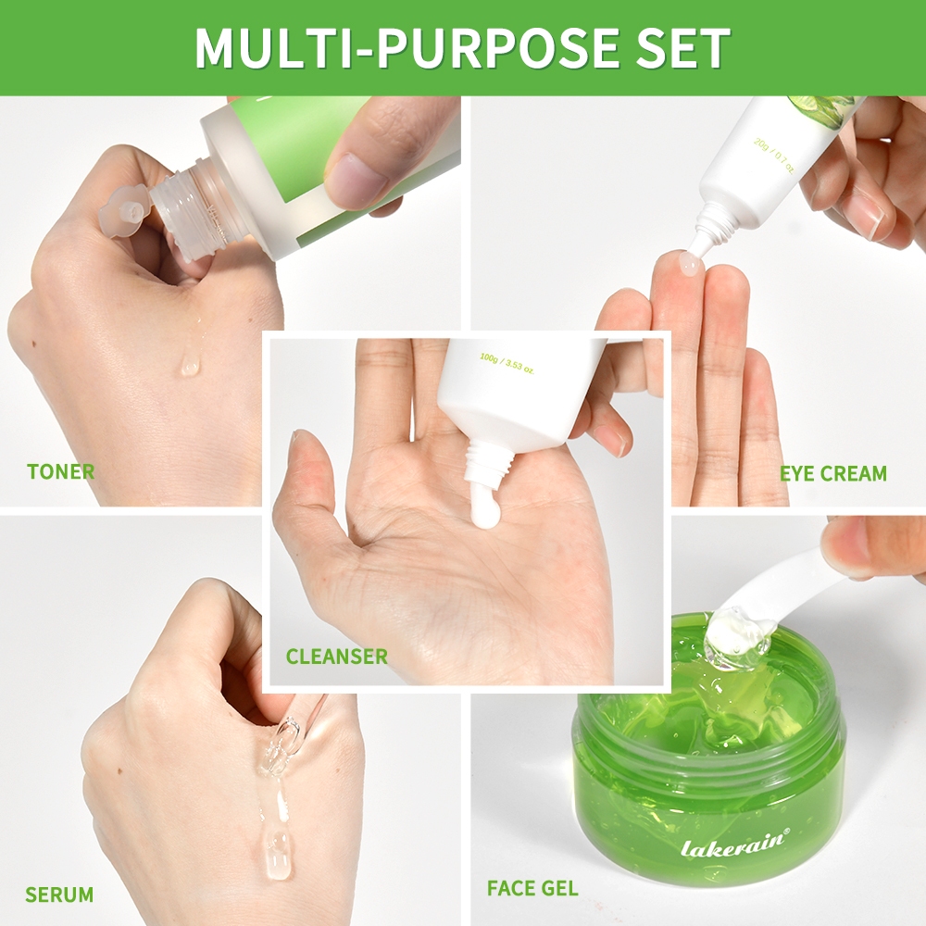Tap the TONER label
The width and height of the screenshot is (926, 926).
click(61, 472)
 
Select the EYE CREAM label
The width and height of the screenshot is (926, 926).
click(833, 473)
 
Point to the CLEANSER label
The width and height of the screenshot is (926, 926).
click(337, 657)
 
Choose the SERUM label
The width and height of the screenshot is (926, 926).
click(59, 895)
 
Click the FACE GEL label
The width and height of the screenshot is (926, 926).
click(532, 888)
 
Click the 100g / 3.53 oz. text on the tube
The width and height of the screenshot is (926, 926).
click(507, 363)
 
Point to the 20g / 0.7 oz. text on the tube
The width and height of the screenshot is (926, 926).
click(773, 156)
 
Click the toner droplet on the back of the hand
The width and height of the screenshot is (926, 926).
click(190, 366)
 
